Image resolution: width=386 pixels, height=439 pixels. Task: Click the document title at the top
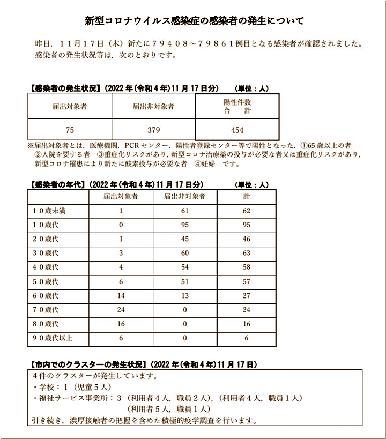click(195, 21)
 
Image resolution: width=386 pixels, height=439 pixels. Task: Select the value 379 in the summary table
click(154, 130)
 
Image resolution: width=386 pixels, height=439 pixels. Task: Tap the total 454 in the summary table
click(237, 130)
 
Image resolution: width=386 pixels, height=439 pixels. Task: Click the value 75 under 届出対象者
click(70, 130)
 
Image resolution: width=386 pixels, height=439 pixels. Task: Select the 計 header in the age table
click(246, 197)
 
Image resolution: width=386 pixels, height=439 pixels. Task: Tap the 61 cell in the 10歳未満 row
click(184, 211)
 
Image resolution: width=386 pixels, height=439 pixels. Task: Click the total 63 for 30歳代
click(246, 253)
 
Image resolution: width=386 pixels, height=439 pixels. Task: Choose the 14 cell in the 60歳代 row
click(121, 296)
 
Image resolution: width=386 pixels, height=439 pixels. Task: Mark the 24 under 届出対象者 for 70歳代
click(121, 310)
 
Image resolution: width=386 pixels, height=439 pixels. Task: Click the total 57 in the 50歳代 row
click(246, 281)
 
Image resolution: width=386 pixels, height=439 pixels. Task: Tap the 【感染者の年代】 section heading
click(56, 184)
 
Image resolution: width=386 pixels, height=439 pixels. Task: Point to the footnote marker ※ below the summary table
click(31, 145)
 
